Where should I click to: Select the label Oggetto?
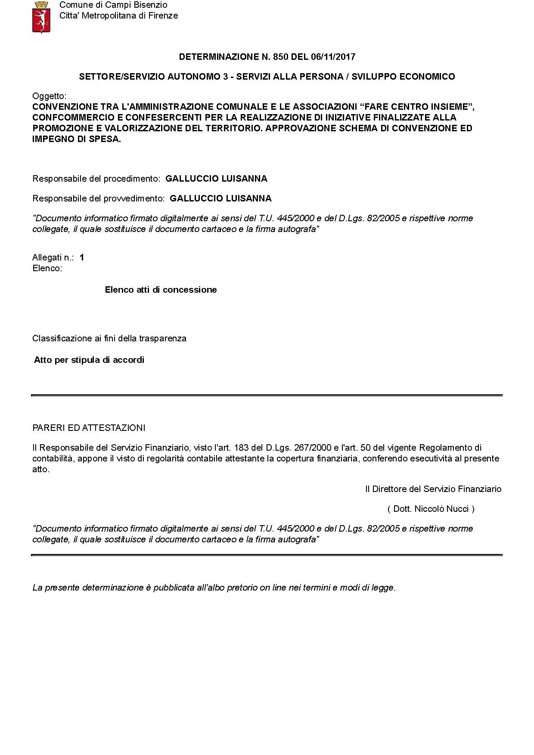tap(49, 96)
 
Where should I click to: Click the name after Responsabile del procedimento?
tap(216, 179)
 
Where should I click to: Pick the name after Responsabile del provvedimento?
tap(220, 198)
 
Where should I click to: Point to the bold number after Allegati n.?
tap(82, 257)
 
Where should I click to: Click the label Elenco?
tap(47, 268)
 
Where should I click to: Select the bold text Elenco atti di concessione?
tap(161, 290)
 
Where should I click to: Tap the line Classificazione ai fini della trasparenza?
tap(109, 338)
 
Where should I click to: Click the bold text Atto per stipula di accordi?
tap(89, 360)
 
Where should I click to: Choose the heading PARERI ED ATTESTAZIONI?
tap(89, 428)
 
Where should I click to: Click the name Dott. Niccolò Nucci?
tap(431, 509)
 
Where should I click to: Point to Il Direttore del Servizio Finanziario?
tap(433, 489)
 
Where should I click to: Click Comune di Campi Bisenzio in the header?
tap(113, 5)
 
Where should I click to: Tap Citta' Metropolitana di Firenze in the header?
tap(118, 16)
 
